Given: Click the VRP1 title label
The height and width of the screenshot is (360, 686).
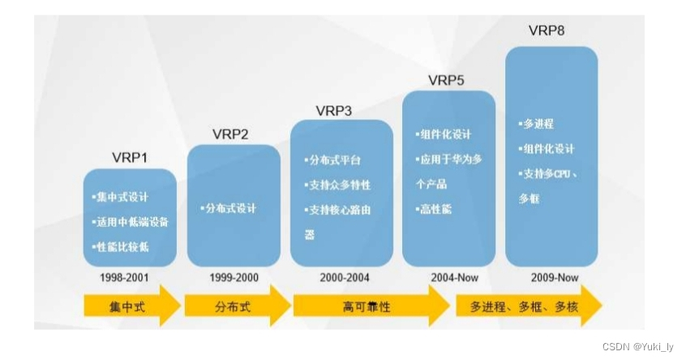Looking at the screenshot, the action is (130, 156).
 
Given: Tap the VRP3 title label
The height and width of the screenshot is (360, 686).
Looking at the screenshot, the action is (333, 110).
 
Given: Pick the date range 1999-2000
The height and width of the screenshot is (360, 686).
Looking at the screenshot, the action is (234, 277).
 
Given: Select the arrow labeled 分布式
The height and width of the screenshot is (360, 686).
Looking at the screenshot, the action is (236, 306).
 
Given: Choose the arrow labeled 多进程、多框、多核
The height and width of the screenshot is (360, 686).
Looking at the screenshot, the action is (528, 306).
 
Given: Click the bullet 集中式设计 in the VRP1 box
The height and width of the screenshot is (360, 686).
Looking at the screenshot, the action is (122, 197).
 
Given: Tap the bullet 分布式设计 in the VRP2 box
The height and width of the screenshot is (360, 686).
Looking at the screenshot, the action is (229, 208).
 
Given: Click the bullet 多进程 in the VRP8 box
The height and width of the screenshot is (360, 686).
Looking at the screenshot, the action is (537, 124).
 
